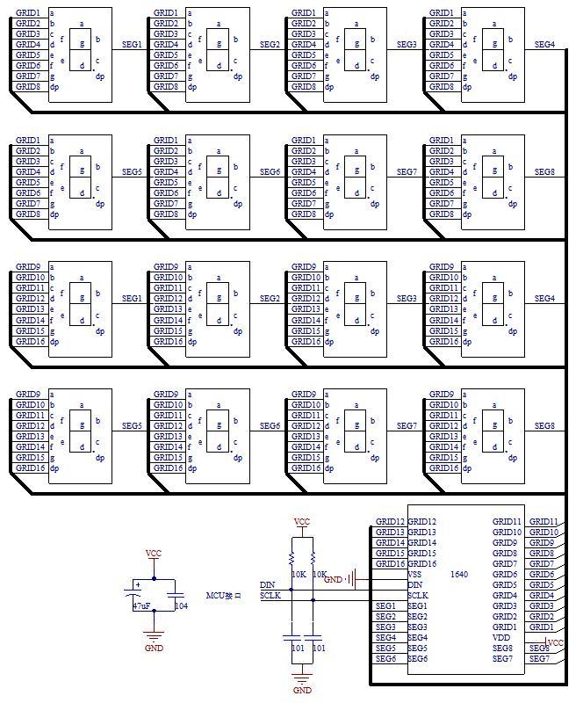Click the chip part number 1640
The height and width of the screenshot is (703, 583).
(458, 575)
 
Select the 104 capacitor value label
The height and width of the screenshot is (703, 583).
(181, 606)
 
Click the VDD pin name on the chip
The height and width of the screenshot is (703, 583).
(500, 638)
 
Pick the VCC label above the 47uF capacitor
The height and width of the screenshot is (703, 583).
(154, 554)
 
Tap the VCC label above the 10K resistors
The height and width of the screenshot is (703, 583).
(302, 522)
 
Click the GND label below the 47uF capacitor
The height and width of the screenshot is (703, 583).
(154, 648)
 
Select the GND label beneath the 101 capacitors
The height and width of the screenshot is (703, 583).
(302, 691)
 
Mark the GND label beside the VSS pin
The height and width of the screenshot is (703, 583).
(333, 580)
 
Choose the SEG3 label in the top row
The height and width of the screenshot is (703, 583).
(407, 44)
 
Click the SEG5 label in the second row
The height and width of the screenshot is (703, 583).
(132, 171)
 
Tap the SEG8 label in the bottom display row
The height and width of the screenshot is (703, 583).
(544, 426)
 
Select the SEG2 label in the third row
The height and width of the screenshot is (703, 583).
(270, 299)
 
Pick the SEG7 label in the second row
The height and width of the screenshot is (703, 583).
(407, 171)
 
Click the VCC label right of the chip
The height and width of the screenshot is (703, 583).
(555, 643)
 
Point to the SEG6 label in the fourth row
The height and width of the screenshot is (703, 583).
(270, 426)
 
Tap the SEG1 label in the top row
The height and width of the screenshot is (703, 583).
(132, 44)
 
